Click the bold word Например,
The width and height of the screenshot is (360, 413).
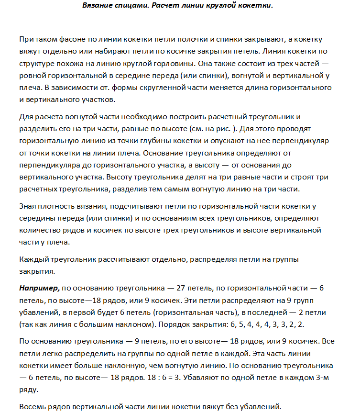(39, 289)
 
